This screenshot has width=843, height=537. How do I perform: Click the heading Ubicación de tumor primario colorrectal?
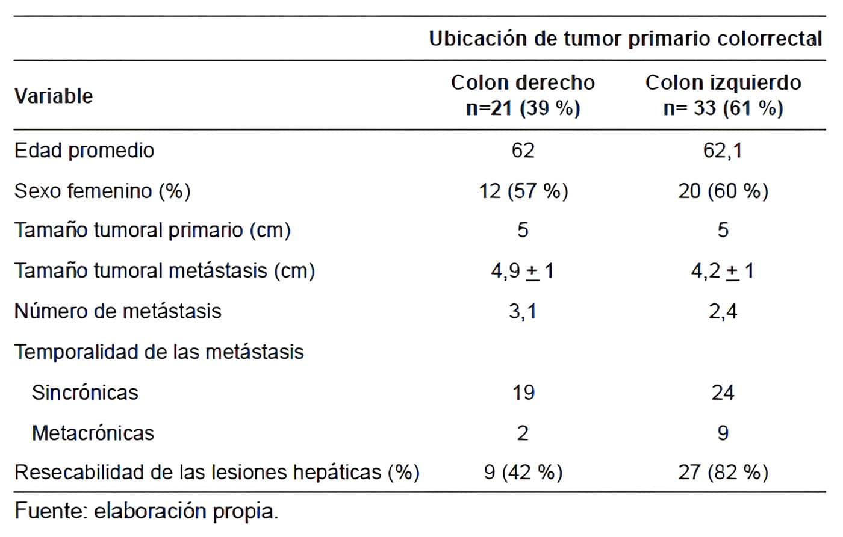tap(625, 39)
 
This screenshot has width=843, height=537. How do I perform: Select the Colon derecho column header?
tap(523, 95)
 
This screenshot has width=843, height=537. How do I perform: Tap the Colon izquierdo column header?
tap(723, 95)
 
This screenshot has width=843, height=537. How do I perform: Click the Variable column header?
tap(54, 96)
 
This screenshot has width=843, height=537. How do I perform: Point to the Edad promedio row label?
tap(84, 150)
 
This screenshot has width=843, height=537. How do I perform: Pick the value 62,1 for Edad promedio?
tap(723, 150)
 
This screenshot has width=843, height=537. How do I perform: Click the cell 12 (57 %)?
tap(523, 191)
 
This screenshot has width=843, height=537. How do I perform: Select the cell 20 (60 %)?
tap(723, 191)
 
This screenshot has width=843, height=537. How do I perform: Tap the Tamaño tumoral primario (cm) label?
tap(152, 230)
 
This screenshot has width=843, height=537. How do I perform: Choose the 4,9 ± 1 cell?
tap(523, 271)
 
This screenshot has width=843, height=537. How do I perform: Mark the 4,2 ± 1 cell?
tap(723, 271)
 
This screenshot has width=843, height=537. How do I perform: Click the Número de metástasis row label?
tap(118, 311)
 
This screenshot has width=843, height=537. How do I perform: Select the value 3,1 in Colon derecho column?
tap(523, 311)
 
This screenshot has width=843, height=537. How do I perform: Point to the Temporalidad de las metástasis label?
tap(159, 352)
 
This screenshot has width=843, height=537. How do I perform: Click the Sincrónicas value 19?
tap(523, 393)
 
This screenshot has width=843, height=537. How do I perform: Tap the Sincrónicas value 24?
tap(723, 393)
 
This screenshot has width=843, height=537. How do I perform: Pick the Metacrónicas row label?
tap(93, 433)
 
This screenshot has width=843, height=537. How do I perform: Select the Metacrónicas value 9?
tap(723, 433)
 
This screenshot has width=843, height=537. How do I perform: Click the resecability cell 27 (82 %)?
tap(723, 472)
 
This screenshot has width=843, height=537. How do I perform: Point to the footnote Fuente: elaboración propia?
tap(146, 511)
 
